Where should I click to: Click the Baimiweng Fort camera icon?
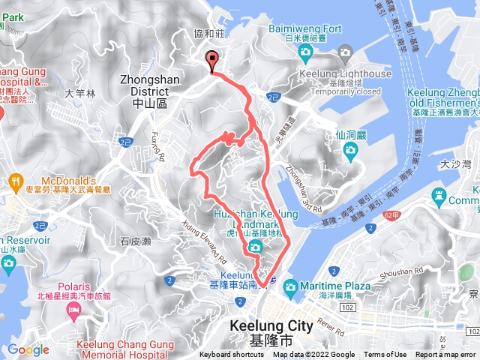304,51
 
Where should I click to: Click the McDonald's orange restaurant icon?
16,181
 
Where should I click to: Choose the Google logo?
28,349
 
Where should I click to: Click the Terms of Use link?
385,355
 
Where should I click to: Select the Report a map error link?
445,355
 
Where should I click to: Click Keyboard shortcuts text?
231,355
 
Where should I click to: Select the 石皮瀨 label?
136,241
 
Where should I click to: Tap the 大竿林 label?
80,94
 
